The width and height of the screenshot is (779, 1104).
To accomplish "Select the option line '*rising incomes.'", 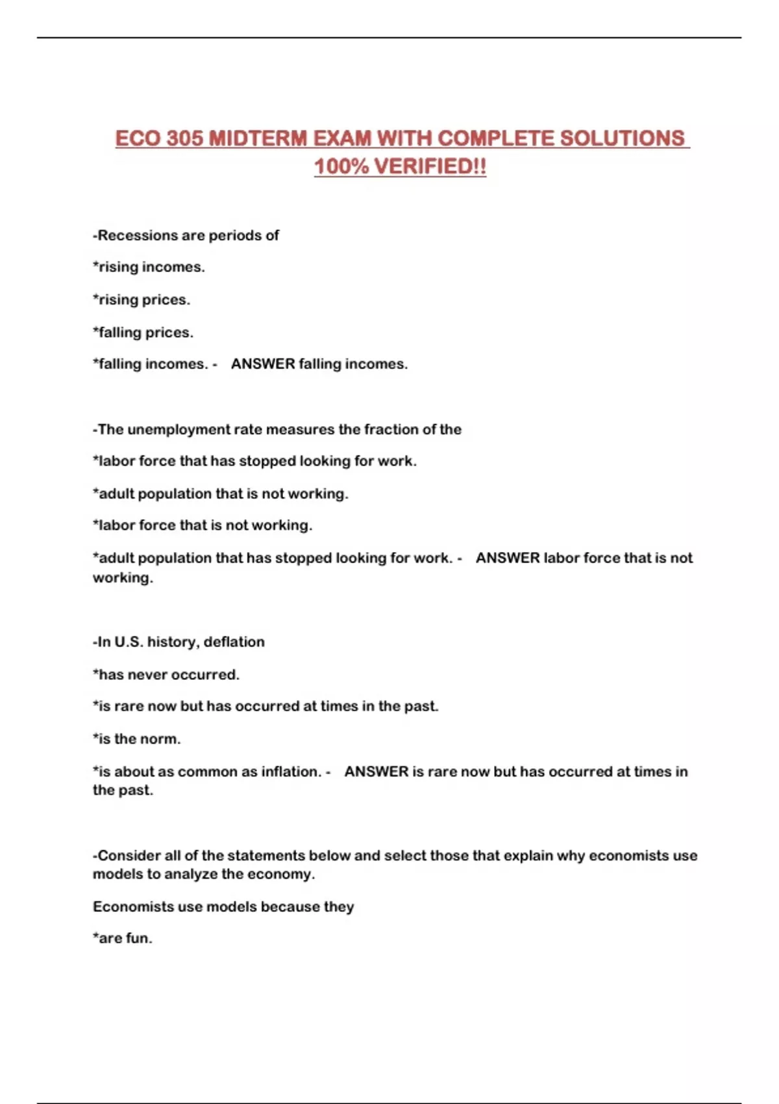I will click(x=149, y=267).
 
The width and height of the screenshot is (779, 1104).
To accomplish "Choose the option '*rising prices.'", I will click(x=142, y=299).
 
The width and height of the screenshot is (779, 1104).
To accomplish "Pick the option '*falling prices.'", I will click(x=143, y=332).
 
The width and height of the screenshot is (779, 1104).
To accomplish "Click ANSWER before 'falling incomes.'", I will click(x=263, y=364).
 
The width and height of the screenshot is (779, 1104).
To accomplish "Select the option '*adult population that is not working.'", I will click(x=220, y=494).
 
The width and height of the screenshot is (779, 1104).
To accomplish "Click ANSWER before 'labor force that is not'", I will click(x=508, y=558).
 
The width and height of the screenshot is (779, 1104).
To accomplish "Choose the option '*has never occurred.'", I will click(x=166, y=674).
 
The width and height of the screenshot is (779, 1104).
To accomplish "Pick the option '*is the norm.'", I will click(x=136, y=738).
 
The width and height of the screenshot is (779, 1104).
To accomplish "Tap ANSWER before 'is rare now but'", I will click(x=376, y=772).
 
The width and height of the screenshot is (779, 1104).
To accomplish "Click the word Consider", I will click(x=129, y=855).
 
